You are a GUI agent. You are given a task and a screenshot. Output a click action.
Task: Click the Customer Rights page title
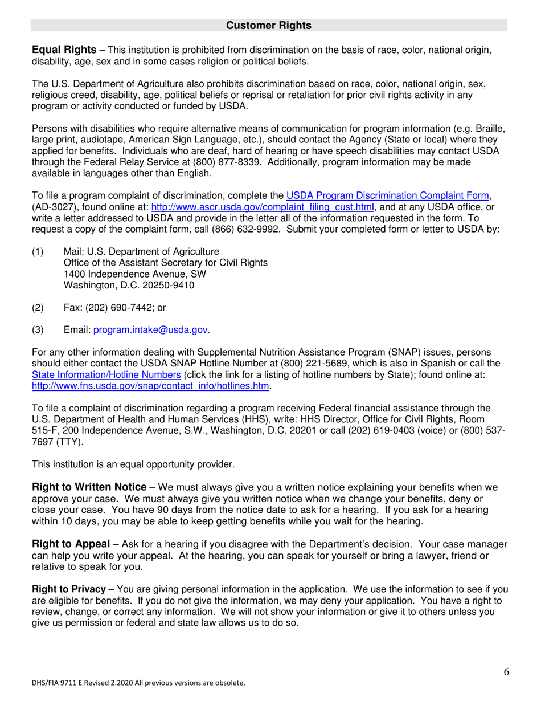(x=269, y=26)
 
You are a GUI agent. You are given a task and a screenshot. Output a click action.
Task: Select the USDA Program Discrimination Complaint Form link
(x=388, y=196)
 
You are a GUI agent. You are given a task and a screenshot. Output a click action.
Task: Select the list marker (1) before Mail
(x=38, y=251)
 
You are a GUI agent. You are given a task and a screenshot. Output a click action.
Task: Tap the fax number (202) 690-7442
(x=121, y=308)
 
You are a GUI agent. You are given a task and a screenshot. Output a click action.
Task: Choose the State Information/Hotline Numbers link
(x=106, y=374)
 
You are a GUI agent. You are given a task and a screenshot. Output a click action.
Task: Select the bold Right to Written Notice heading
(x=89, y=487)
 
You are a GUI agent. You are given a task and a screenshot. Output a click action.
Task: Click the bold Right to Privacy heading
(x=69, y=589)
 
